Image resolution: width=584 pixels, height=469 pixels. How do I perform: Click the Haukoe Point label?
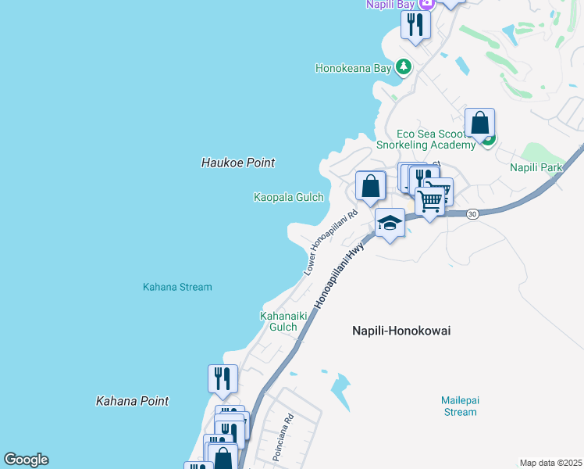238,163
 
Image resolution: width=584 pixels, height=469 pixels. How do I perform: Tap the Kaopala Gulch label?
288,198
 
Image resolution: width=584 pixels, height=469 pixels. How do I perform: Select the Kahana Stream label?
177,287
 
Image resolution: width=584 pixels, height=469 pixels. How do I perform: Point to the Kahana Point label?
132,401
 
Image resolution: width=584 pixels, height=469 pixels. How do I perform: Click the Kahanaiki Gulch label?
278,321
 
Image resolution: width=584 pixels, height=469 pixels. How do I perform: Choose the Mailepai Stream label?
460,406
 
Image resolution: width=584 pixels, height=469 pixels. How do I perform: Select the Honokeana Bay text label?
353,68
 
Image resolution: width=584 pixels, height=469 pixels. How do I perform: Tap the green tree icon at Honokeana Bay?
404,67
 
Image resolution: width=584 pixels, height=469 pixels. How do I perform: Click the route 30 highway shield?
472,213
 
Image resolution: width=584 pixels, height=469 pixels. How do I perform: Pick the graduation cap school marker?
390,224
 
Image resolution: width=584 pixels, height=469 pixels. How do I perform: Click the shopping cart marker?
429,201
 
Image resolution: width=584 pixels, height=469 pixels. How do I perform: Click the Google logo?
26,460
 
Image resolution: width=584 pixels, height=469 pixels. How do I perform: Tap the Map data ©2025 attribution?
550,463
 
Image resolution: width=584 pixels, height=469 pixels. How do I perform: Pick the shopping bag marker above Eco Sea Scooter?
479,123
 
